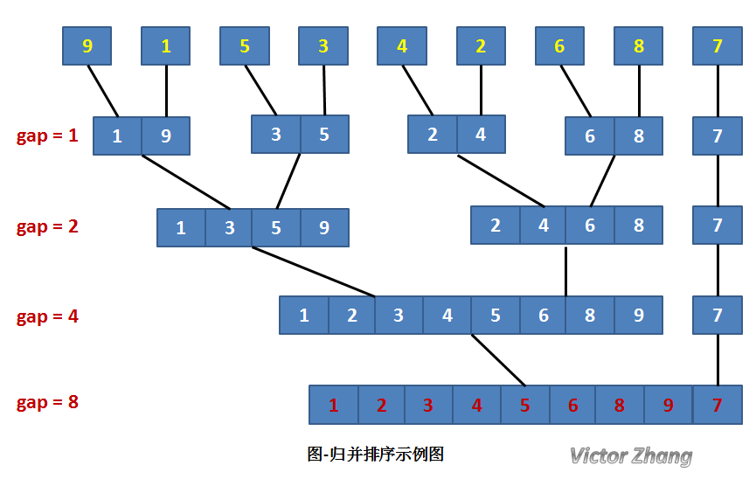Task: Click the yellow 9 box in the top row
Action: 87,46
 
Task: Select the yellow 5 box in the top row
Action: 245,46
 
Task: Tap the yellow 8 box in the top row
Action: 639,46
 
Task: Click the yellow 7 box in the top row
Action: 718,46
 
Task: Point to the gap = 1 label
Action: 47,136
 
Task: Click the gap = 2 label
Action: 47,226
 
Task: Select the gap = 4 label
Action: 47,316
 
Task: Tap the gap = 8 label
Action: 47,403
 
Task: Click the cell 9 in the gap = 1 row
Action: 165,136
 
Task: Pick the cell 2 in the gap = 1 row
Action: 433,135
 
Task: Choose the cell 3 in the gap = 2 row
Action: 229,228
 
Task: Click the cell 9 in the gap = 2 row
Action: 324,228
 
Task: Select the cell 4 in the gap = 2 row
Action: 544,226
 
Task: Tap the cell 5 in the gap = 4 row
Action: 495,316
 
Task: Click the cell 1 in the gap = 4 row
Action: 304,316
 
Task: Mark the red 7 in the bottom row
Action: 718,406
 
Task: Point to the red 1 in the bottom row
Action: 333,406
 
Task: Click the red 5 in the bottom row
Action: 524,406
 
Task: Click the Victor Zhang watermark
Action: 630,455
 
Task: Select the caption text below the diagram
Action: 377,455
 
